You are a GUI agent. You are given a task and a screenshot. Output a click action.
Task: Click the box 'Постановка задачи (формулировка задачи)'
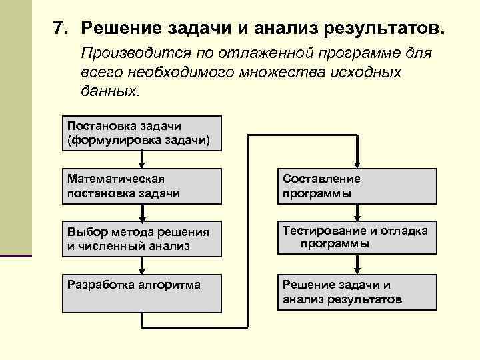(x=142, y=133)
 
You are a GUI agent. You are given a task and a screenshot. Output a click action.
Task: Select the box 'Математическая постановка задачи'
(x=142, y=186)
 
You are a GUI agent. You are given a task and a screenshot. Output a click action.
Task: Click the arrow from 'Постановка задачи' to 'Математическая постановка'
(x=142, y=159)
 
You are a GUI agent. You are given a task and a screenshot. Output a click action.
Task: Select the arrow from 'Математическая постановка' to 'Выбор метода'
(x=142, y=213)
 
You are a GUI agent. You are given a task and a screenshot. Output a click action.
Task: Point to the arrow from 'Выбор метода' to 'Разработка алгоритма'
(x=142, y=266)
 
